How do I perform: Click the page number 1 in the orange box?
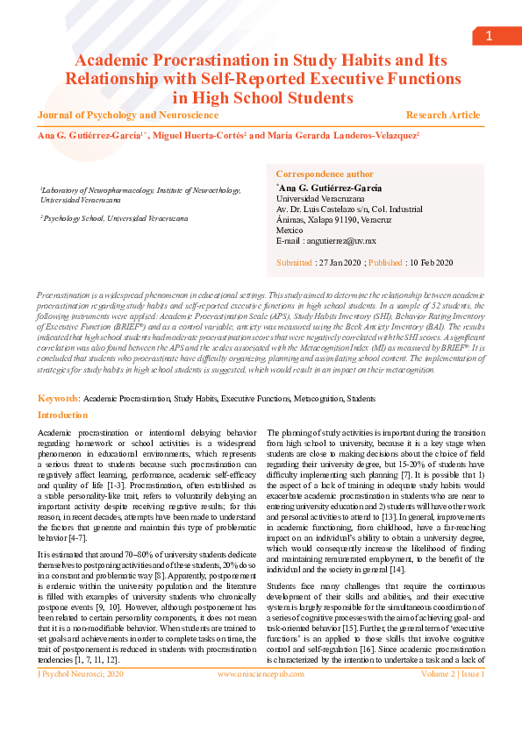click(489, 35)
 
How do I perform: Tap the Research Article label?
click(442, 115)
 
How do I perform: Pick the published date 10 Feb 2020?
click(431, 262)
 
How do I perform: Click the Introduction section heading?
click(63, 415)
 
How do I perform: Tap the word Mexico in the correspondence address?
click(289, 230)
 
